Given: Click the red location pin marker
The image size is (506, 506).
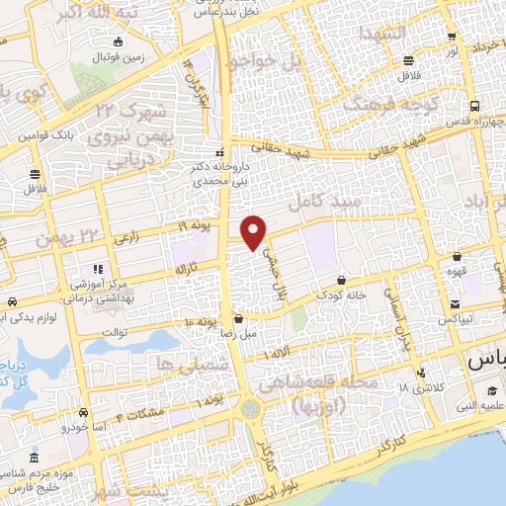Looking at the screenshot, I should [254, 231].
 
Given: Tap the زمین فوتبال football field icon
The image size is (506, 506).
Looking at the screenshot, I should [120, 42].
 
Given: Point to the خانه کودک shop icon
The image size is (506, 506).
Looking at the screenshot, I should [341, 280].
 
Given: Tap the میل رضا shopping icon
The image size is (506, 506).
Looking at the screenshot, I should [240, 319].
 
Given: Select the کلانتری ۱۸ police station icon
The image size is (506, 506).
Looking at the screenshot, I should [422, 373].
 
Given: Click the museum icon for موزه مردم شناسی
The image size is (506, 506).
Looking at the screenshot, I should [36, 459].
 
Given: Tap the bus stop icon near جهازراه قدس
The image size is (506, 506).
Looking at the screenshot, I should [475, 106].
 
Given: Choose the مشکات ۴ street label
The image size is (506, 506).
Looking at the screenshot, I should [137, 414].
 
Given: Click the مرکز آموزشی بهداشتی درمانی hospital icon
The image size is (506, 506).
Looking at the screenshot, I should [96, 269].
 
